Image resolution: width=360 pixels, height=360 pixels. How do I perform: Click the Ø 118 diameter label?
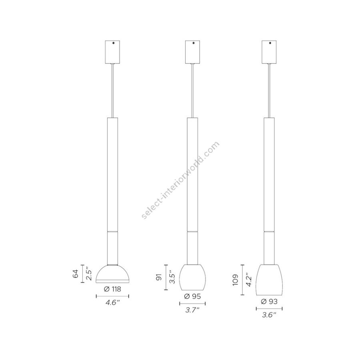pyautogui.click(x=112, y=289)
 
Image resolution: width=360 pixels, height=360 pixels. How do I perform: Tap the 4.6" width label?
pyautogui.click(x=113, y=303)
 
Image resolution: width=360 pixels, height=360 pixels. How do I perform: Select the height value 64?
pyautogui.click(x=76, y=274)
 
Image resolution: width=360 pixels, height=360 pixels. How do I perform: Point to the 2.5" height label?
pyautogui.click(x=89, y=274)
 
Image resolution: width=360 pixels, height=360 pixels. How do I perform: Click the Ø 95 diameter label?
pyautogui.click(x=192, y=296)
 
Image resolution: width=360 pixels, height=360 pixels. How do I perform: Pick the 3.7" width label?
pyautogui.click(x=192, y=310)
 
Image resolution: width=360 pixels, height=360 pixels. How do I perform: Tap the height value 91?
pyautogui.click(x=159, y=277)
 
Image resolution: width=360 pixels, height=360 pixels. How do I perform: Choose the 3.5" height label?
pyautogui.click(x=173, y=277)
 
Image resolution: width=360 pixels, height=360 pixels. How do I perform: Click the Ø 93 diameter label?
pyautogui.click(x=269, y=302)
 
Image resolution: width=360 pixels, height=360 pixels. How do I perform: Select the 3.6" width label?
pyautogui.click(x=269, y=315)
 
